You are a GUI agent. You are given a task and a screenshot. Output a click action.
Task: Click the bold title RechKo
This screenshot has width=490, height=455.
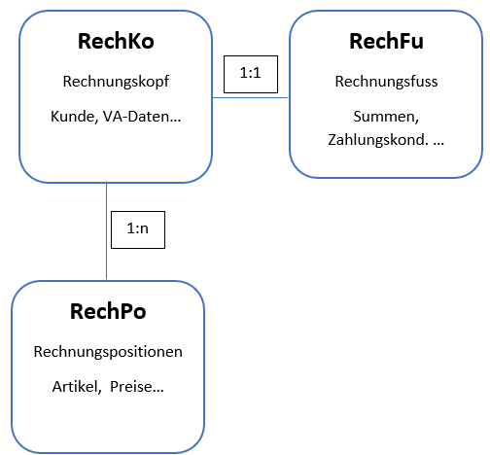pos(116,41)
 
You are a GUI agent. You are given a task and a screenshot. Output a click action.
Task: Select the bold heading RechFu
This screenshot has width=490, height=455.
pos(386,41)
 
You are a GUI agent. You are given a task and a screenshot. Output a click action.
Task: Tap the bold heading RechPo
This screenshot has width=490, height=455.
pos(108,311)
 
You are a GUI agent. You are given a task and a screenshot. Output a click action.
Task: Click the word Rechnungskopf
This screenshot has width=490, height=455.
pos(116,82)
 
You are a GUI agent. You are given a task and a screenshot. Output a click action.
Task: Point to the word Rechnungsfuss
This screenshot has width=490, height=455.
pos(386,82)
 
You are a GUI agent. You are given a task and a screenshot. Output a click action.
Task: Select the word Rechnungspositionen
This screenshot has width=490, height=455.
pos(108,352)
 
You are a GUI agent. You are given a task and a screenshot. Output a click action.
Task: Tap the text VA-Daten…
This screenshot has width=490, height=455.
pos(142,117)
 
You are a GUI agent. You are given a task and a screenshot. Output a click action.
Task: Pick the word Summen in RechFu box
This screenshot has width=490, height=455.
pos(384,117)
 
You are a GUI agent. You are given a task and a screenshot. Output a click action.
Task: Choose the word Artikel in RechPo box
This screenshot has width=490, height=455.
pos(75,387)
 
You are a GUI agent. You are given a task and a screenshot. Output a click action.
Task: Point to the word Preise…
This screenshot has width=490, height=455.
pos(137,387)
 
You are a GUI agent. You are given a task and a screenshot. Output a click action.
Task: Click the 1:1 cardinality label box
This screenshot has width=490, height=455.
pos(251,74)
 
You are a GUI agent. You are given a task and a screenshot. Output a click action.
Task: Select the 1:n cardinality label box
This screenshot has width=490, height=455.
pos(138,229)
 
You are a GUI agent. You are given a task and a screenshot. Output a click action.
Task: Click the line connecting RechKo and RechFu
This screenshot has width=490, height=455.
pos(250,97)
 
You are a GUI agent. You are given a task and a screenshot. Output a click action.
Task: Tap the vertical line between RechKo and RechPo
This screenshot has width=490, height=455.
pos(106,230)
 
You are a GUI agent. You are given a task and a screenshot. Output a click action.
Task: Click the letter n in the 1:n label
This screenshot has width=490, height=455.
pos(144,229)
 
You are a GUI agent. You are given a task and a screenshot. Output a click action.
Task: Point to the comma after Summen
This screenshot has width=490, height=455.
pos(416,122)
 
